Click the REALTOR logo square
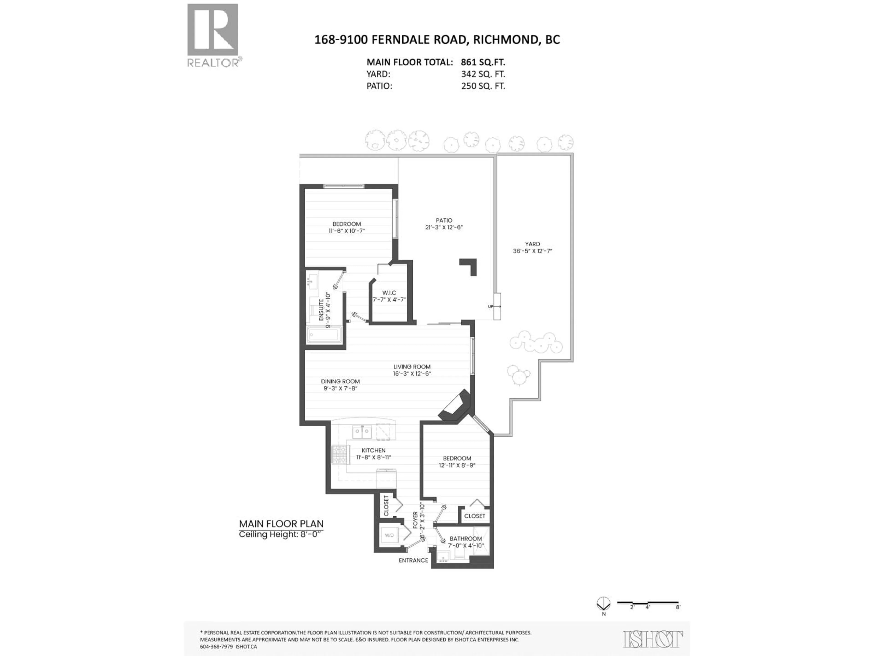(x=213, y=30)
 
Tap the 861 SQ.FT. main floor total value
(x=483, y=62)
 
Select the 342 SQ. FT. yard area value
(x=483, y=74)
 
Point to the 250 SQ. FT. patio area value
(x=483, y=86)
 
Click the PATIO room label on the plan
(x=444, y=220)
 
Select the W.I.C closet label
(x=389, y=293)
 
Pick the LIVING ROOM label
(x=412, y=366)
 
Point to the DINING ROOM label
(x=340, y=381)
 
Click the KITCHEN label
(x=373, y=450)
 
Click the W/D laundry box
(x=389, y=536)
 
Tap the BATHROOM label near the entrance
(x=465, y=538)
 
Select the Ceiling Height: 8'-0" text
(x=281, y=534)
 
